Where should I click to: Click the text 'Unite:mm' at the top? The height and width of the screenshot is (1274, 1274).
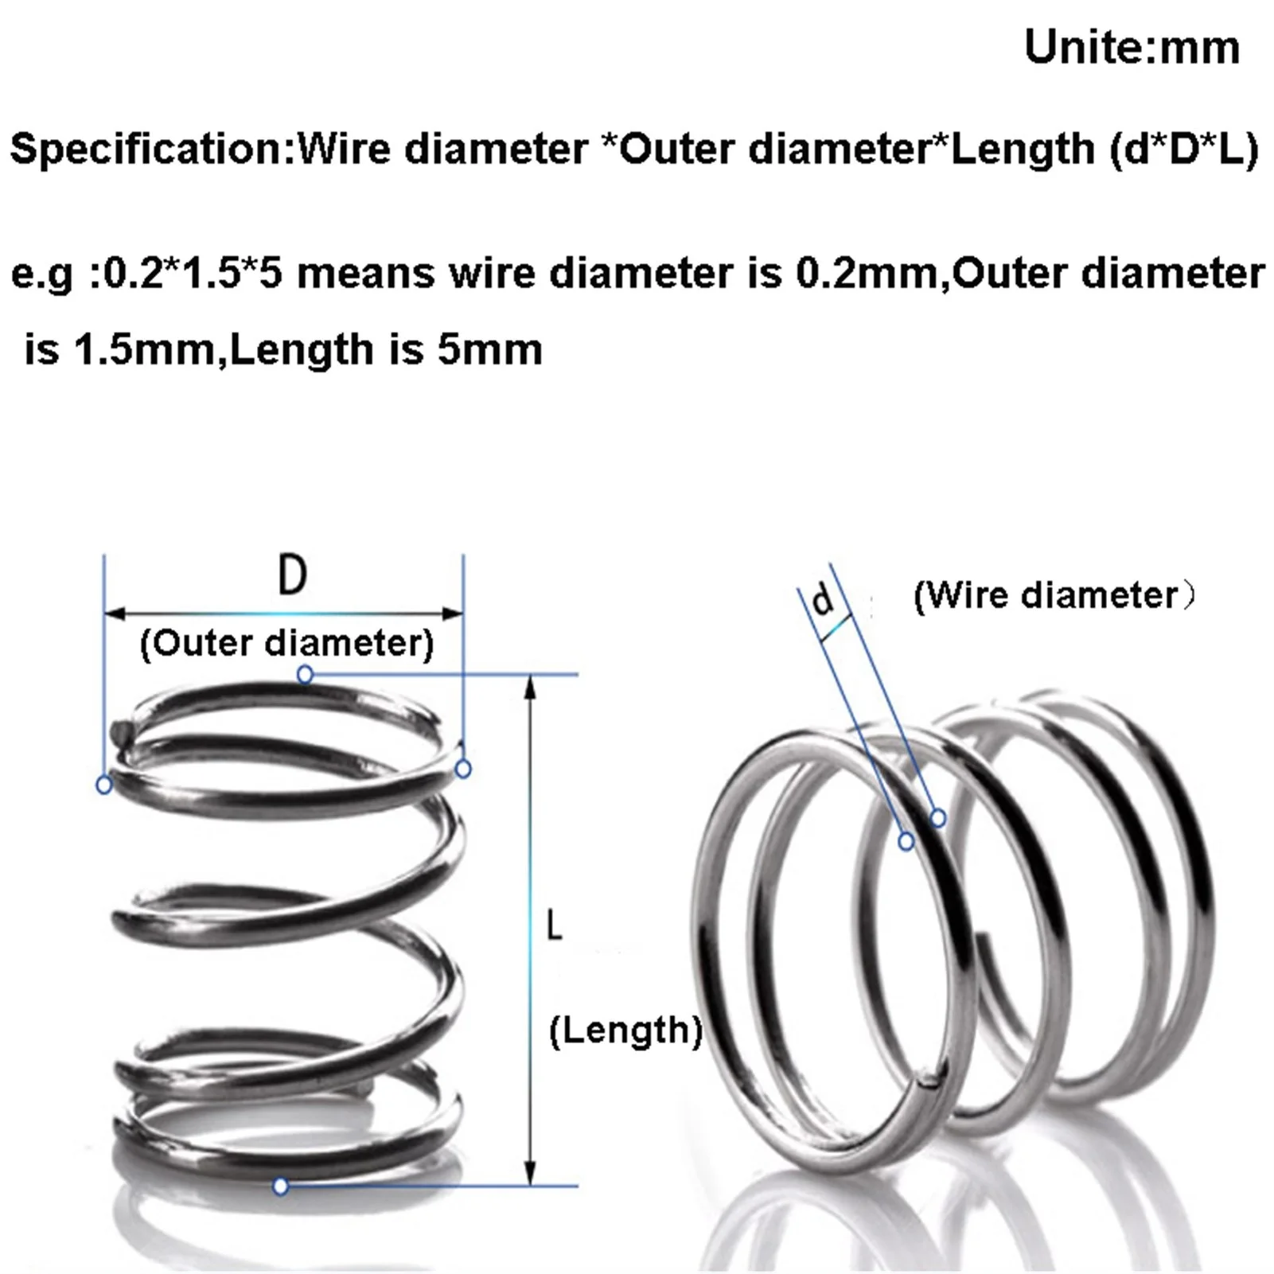pyautogui.click(x=1132, y=48)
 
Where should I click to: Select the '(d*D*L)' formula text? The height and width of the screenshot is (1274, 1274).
pyautogui.click(x=1184, y=149)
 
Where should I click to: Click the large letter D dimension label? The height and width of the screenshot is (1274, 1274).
pyautogui.click(x=292, y=575)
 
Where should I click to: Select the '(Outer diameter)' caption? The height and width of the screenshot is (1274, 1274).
pyautogui.click(x=286, y=643)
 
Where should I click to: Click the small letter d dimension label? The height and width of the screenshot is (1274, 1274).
pyautogui.click(x=824, y=598)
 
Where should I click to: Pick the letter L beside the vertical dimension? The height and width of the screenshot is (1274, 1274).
pyautogui.click(x=554, y=926)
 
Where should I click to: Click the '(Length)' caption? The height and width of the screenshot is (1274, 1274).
pyautogui.click(x=625, y=1030)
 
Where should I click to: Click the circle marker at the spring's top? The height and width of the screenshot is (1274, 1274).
pyautogui.click(x=305, y=676)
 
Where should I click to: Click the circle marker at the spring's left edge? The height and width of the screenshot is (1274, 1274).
pyautogui.click(x=103, y=785)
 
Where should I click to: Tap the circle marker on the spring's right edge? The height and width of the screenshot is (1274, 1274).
pyautogui.click(x=464, y=769)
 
